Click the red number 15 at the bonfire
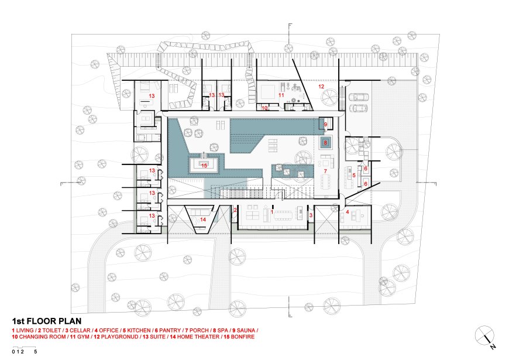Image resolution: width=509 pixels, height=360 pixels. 204,166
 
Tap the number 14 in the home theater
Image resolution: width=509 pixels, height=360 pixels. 203,220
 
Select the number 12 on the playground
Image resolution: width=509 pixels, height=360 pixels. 321,87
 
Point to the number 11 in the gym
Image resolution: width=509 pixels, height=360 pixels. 281,95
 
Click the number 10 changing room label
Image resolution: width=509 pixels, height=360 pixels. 265,108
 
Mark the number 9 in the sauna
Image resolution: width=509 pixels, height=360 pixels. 326,124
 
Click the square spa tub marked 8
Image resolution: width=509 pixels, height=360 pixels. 326,143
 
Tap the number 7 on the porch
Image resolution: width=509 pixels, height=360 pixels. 325,172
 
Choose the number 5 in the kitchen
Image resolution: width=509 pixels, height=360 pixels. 354,175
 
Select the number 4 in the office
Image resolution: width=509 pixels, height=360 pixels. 348,212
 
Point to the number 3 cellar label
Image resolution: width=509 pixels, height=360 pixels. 311,215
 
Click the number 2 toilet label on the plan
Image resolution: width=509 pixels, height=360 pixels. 235,210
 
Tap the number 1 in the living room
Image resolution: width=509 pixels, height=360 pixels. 272,212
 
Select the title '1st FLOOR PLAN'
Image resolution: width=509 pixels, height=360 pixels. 47,321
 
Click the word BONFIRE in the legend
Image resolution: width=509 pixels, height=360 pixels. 243,337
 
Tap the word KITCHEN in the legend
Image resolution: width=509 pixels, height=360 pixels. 139,330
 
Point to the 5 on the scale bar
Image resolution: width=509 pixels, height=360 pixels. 35,352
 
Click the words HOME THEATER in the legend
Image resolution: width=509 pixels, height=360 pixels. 198,337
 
